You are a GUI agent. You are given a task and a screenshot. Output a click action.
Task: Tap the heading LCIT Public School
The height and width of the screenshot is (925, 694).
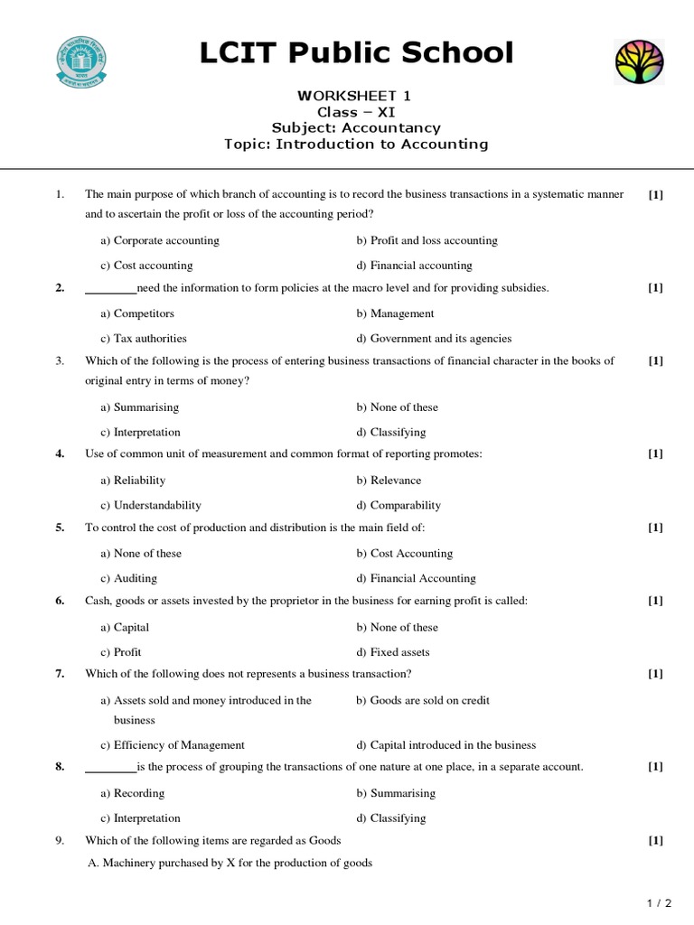(356, 53)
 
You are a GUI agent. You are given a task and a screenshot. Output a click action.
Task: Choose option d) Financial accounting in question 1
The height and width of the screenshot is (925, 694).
(414, 266)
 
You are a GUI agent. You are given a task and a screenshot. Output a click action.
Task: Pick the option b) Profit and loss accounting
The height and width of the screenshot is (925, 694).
(427, 240)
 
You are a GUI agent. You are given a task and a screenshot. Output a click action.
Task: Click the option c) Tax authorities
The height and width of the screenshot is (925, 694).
(144, 339)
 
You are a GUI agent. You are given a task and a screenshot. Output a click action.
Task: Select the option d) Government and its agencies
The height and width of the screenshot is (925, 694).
(434, 339)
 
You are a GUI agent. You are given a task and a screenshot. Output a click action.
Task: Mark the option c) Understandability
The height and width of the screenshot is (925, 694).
(151, 506)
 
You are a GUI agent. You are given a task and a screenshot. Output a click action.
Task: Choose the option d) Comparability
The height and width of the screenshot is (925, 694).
(399, 506)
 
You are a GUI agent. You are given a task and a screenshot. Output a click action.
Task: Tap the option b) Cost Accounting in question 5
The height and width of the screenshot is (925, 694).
(404, 554)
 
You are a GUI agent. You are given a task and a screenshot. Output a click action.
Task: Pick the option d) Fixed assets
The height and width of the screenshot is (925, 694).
(393, 652)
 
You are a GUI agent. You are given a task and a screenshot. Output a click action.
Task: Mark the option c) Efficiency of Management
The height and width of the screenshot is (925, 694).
(173, 745)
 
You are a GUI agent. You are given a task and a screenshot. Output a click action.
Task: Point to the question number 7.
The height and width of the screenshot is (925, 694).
(60, 674)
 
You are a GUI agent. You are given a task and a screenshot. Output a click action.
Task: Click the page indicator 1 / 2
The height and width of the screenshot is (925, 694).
(660, 902)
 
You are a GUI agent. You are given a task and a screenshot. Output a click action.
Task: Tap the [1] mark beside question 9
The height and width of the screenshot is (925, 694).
(656, 840)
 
